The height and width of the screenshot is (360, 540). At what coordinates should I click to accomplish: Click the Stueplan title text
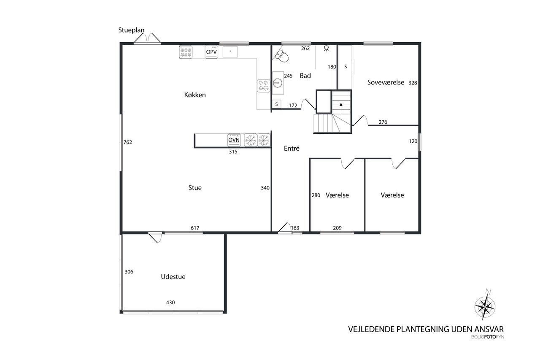[x=131, y=30]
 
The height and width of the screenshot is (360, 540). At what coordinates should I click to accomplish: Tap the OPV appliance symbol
[x=211, y=52]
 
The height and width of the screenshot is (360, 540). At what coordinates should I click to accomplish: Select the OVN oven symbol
[x=234, y=140]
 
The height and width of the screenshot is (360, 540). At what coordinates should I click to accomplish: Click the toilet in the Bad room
[x=282, y=56]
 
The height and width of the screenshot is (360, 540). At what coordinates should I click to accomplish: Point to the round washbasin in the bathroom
[x=278, y=83]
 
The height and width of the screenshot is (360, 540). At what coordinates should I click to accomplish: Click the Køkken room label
[x=195, y=95]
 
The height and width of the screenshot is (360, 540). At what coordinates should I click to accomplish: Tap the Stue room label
[x=195, y=187]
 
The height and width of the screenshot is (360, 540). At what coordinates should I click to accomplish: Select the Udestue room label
[x=173, y=276]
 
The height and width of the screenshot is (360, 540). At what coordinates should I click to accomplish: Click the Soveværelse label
[x=386, y=82]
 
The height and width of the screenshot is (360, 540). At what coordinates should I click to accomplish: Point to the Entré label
[x=292, y=148]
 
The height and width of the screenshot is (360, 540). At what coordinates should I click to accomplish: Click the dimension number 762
[x=128, y=142]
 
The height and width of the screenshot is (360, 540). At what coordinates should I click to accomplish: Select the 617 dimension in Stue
[x=195, y=228]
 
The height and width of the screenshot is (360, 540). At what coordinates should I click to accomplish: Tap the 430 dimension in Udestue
[x=170, y=302]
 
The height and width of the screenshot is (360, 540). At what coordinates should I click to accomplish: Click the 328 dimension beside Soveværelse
[x=413, y=83]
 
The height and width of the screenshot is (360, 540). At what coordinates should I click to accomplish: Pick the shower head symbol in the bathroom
[x=327, y=49]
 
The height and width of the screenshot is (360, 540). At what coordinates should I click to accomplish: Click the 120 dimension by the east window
[x=413, y=141]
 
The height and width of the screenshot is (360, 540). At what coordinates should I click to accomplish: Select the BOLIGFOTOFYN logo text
[x=488, y=337]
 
